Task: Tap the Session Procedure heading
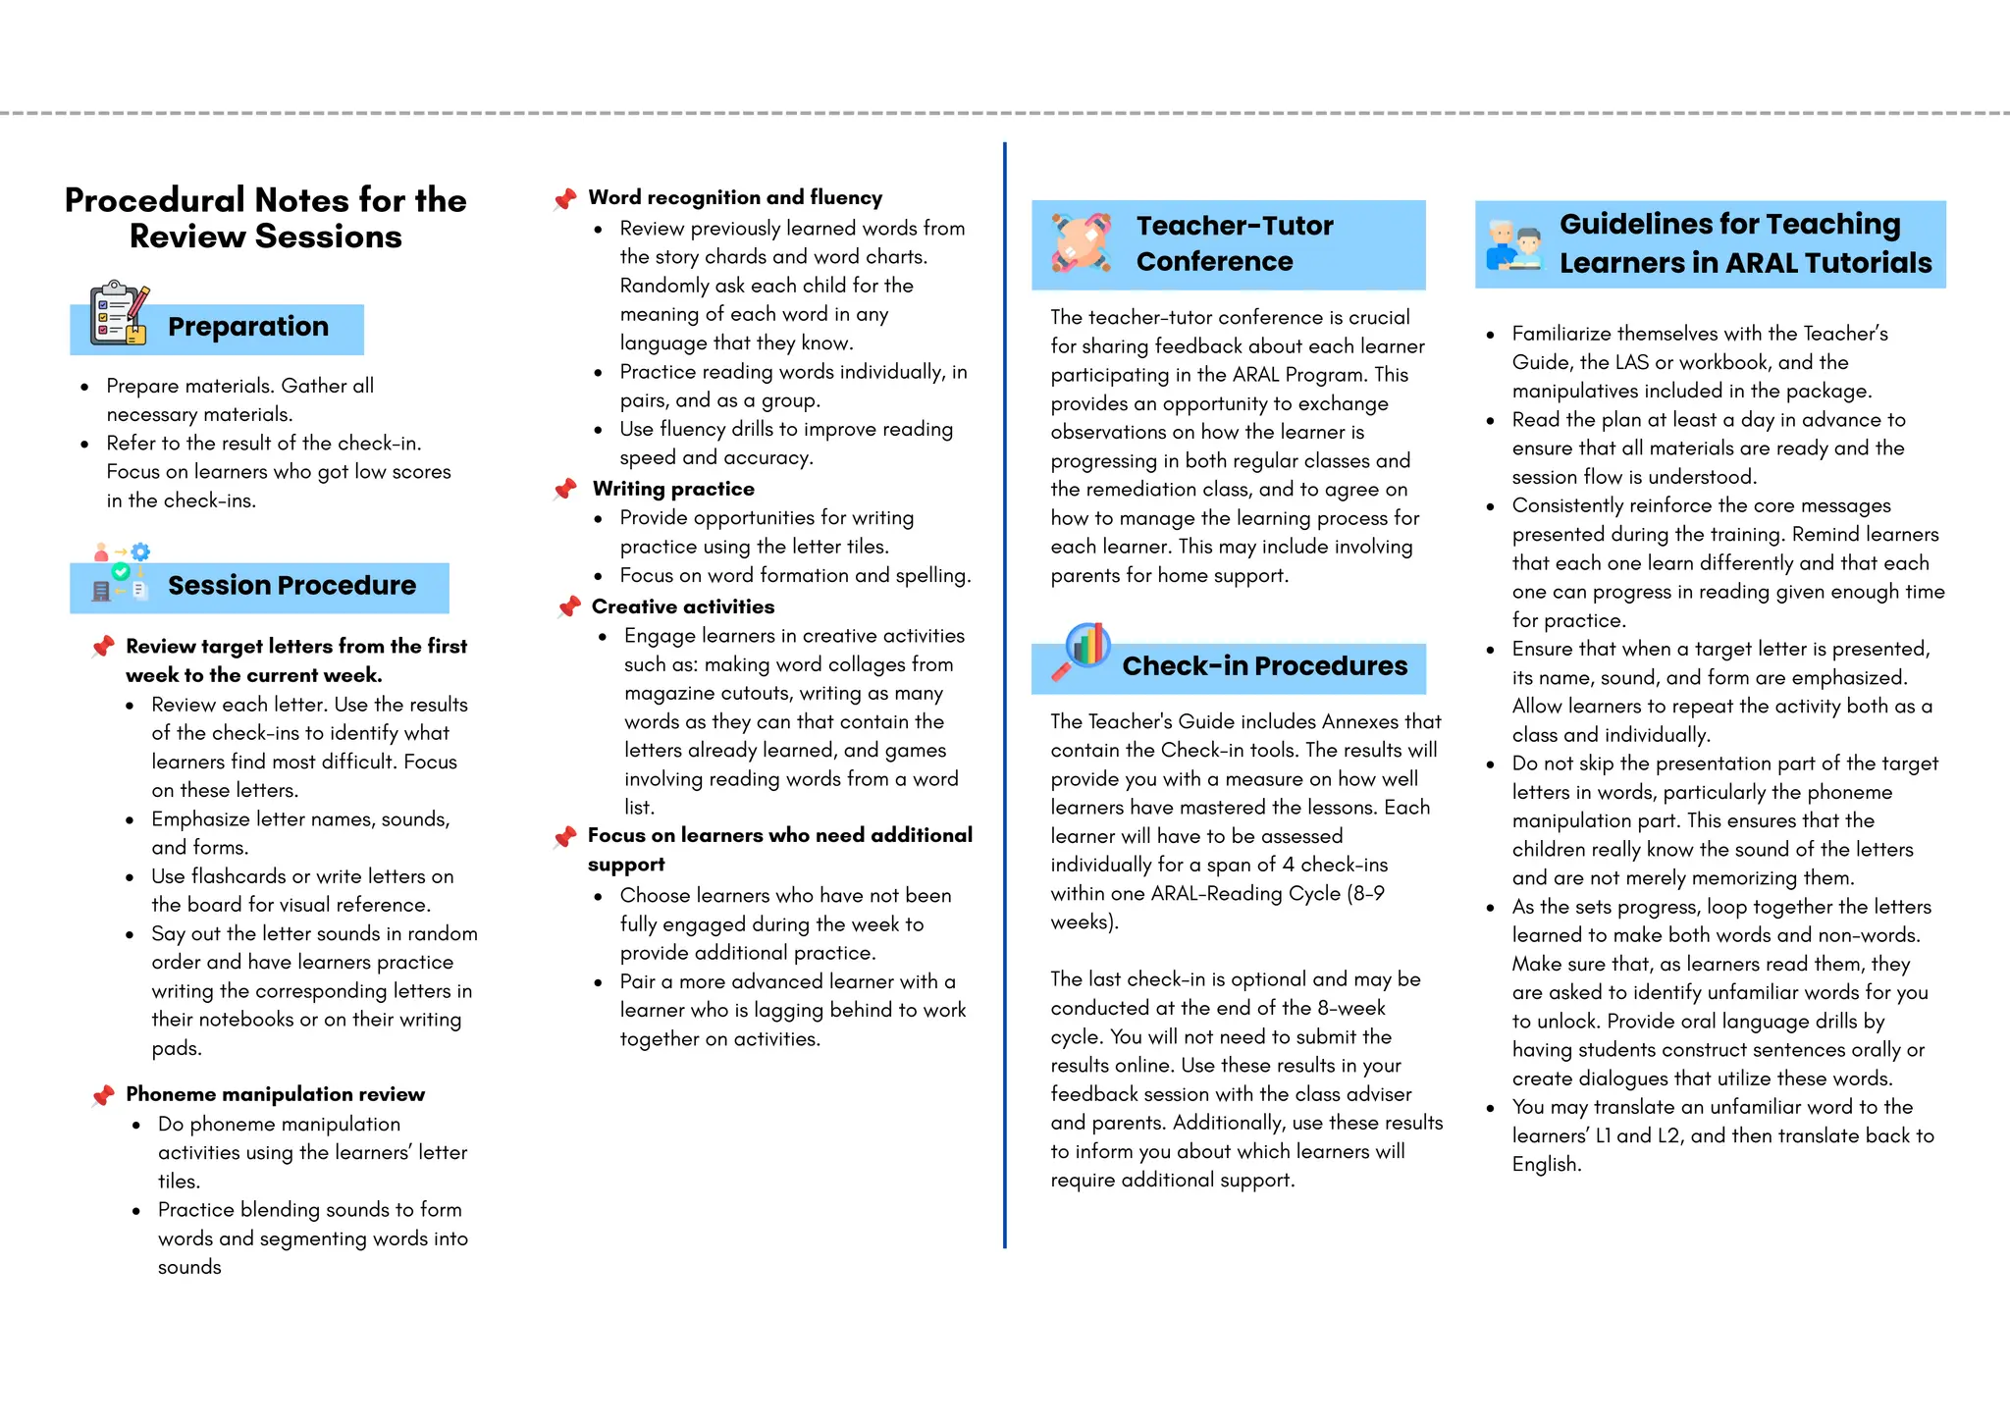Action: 291,586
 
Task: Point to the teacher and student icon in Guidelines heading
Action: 1514,246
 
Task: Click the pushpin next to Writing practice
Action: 565,489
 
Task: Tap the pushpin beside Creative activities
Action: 568,607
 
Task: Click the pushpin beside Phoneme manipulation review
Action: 103,1095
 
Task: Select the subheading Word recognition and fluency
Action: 735,198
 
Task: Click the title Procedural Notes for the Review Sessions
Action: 265,218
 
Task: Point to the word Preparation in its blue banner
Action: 247,327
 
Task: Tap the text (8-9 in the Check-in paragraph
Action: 1366,894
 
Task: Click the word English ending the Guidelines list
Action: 1546,1165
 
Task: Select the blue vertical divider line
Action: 1005,687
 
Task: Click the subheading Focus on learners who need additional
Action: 779,836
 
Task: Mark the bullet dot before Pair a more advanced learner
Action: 599,982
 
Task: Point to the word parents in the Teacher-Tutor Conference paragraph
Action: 1081,576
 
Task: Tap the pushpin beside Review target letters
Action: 103,647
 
